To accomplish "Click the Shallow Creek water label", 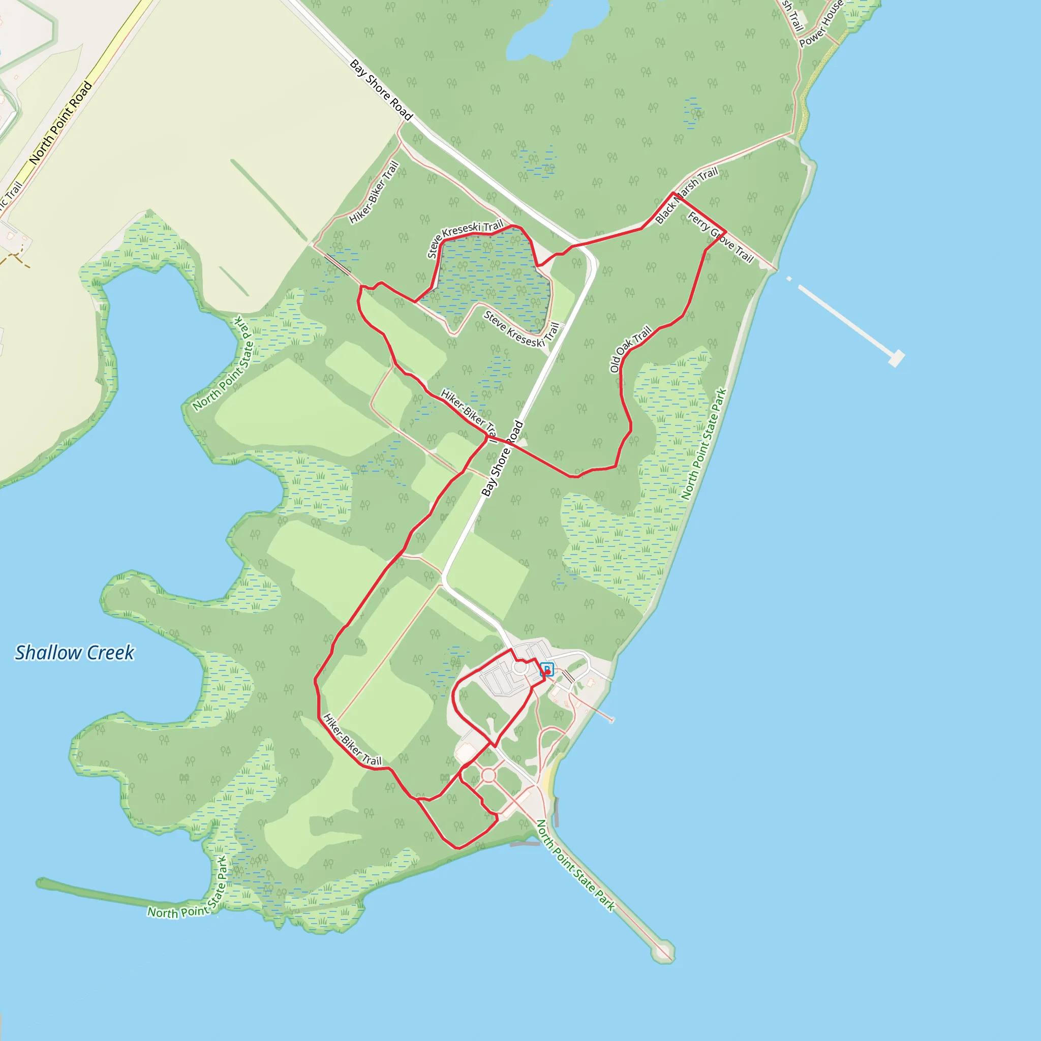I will tap(74, 653).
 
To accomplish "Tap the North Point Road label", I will tap(60, 123).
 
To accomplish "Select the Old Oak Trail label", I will tap(630, 349).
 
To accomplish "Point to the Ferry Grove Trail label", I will tap(720, 237).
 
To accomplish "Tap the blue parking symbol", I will tap(546, 669).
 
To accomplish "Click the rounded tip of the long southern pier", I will tap(663, 952).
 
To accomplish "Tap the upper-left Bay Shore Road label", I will tap(381, 90).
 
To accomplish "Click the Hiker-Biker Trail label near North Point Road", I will tap(374, 192).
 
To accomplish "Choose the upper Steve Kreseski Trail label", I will tap(465, 236).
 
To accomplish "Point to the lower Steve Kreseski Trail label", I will tap(522, 329).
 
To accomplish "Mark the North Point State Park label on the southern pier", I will tap(575, 865).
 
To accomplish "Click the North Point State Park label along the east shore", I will tap(703, 445).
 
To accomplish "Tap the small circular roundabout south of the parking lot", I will tap(488, 775).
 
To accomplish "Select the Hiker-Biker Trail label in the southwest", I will tap(352, 740).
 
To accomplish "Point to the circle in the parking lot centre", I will tap(520, 667).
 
